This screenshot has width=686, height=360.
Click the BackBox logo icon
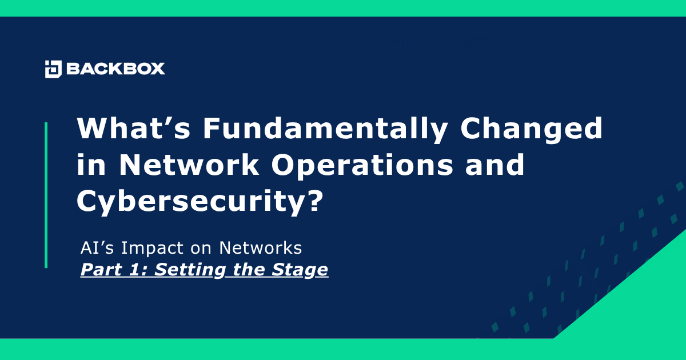pos(53,69)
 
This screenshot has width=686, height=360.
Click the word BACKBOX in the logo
pos(115,69)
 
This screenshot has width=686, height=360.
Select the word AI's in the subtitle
pos(95,249)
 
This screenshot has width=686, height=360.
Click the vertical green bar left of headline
pos(46,195)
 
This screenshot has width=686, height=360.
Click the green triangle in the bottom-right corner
pos(646,303)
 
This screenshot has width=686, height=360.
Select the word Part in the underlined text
pos(101,269)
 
